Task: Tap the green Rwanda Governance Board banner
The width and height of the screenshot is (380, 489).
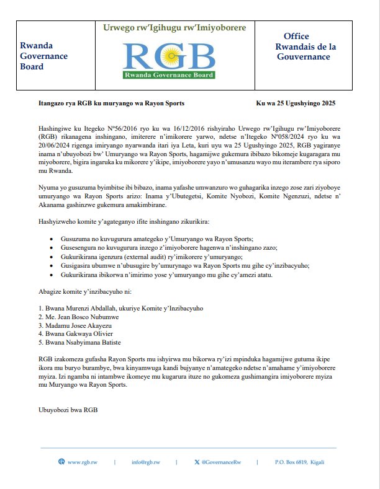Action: [170, 75]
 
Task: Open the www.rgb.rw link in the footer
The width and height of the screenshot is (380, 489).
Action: [82, 462]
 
